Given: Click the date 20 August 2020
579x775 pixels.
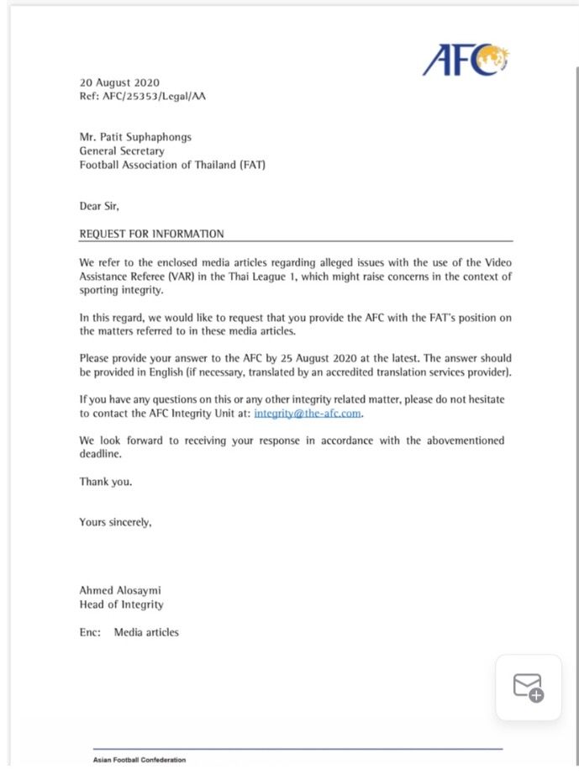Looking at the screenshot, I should click(x=119, y=83).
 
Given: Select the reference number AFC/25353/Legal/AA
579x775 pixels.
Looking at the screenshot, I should click(x=154, y=97).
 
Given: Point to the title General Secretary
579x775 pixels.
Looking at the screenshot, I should click(x=122, y=151).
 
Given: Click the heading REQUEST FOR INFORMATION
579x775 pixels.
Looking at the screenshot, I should click(x=151, y=234).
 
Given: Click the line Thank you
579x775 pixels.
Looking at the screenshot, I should click(x=106, y=482).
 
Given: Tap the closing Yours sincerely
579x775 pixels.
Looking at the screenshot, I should click(x=115, y=522).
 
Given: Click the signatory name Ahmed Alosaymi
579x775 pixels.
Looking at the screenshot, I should click(x=119, y=590).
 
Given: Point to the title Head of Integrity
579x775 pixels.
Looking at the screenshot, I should click(x=121, y=604).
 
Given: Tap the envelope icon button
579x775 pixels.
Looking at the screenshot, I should click(x=529, y=688).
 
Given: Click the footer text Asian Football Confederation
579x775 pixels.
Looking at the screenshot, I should click(x=139, y=760).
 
